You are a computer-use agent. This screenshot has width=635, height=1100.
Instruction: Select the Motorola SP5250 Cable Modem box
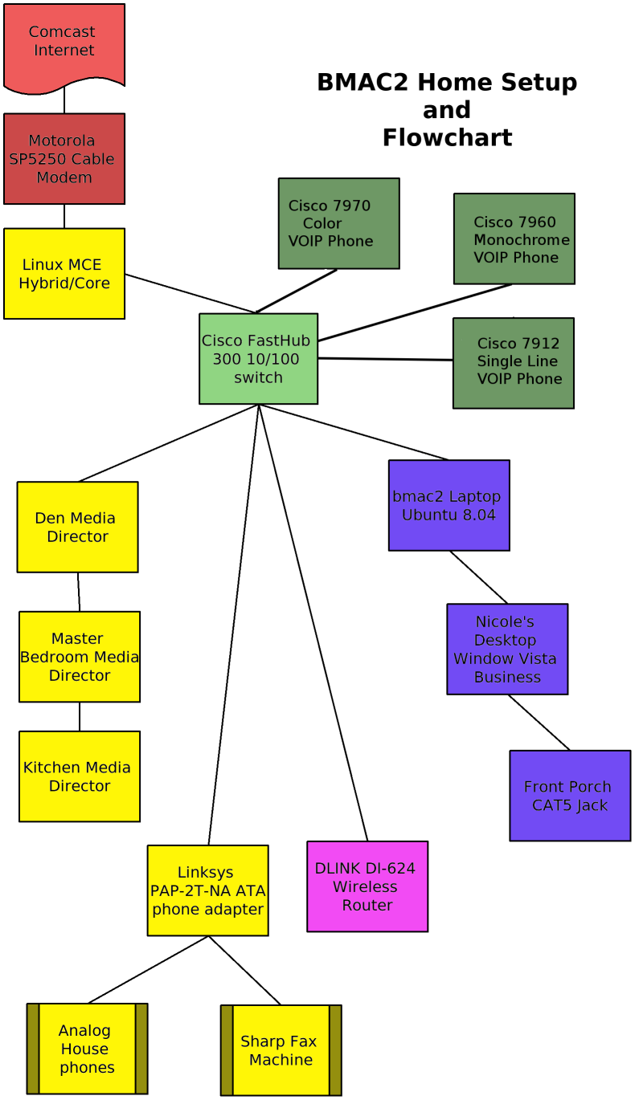[x=64, y=159]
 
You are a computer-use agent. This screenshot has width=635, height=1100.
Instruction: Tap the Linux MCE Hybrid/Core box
[x=64, y=274]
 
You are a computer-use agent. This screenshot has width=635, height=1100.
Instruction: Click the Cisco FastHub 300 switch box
[x=259, y=359]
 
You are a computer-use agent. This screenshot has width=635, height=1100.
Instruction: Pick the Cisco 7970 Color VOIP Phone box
[x=339, y=223]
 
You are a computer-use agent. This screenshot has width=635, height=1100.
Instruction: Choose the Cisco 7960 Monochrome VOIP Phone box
[x=514, y=238]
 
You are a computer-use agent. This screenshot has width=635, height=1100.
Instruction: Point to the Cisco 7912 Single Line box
[x=514, y=364]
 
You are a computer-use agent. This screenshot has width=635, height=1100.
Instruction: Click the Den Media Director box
[x=78, y=527]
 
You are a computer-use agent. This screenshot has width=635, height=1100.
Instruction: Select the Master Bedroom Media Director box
[x=80, y=657]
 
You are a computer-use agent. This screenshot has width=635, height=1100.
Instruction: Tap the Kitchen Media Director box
[x=80, y=776]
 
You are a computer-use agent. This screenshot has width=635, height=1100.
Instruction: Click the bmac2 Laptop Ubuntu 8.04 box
[x=449, y=505]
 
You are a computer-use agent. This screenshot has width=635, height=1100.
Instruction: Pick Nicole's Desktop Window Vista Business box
[x=507, y=650]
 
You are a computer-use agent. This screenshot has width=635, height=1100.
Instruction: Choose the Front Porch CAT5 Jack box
[x=570, y=796]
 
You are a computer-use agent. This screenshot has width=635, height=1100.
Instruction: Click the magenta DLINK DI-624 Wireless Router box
[x=367, y=886]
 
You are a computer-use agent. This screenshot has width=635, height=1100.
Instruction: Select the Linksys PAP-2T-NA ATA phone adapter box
[x=208, y=890]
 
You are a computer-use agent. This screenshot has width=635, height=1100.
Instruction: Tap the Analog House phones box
[x=87, y=1049]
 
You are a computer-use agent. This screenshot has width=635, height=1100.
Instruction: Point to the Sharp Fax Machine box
[x=281, y=1050]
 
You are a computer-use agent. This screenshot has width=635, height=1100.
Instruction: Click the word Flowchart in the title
[x=447, y=137]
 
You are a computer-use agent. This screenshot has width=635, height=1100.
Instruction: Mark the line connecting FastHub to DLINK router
[x=313, y=623]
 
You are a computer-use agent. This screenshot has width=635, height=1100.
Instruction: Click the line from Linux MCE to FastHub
[x=190, y=294]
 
